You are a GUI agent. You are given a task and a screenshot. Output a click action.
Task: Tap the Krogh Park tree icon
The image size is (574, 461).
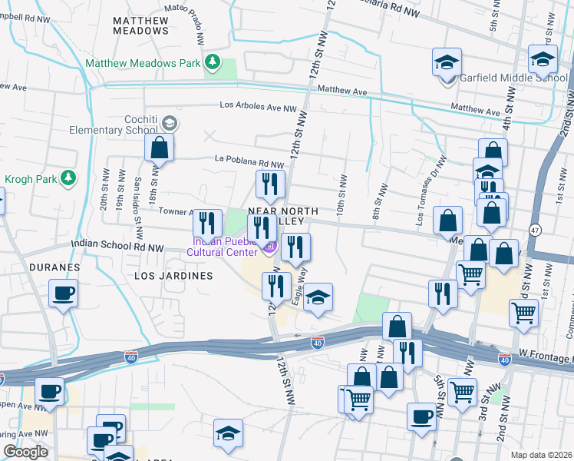point(68,178)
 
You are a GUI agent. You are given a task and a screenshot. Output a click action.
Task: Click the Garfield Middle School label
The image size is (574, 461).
point(513,78)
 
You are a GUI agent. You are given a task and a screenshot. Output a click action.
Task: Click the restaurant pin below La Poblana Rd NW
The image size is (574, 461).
point(269,183)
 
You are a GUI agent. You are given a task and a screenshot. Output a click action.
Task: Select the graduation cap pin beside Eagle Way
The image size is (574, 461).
point(317,297)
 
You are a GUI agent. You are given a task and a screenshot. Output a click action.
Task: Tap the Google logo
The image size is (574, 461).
point(25,452)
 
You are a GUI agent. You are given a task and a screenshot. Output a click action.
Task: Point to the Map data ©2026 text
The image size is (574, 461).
point(540,455)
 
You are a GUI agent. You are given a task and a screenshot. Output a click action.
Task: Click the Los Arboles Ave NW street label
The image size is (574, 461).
point(258,106)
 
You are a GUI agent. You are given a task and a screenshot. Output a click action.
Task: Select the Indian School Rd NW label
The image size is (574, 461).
point(117,247)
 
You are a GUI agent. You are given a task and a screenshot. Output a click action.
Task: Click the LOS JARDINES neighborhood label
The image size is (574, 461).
point(173,275)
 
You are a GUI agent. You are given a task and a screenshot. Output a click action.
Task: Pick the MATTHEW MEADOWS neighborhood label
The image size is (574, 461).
point(140,25)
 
